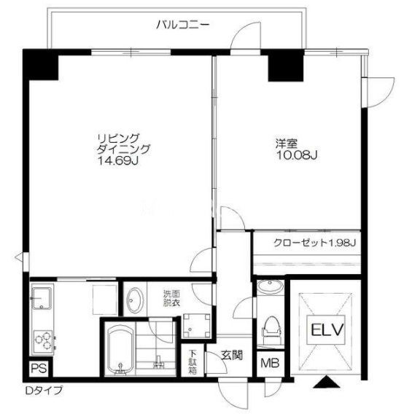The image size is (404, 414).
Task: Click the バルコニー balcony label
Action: coord(183,25)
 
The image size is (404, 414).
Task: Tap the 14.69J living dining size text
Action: coord(119,160)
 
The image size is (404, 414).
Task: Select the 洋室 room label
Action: coord(287,144)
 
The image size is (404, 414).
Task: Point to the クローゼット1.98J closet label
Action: coord(315,243)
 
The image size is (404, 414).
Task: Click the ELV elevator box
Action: coord(326,329)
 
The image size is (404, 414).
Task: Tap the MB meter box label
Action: coord(270,364)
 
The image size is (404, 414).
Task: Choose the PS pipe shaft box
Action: coord(39,368)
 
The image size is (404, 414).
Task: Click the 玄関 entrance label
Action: coord(232,355)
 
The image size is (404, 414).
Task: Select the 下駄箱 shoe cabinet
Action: coord(193,362)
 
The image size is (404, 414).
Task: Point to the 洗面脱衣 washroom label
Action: coord(171,298)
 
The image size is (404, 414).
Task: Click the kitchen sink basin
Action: coord(42,298)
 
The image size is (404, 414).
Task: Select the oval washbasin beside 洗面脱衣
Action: coord(136,300)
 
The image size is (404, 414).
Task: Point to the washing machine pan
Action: coord(197,326)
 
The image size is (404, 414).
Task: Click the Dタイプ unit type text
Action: coord(44,390)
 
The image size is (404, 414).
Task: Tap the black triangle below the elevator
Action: coord(327,382)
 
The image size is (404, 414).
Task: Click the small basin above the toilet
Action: coord(270,286)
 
